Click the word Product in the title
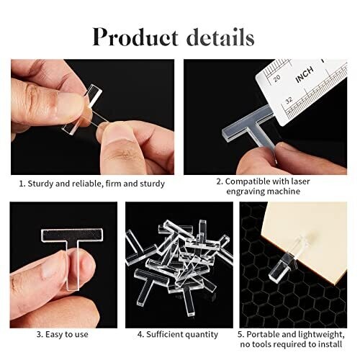pyautogui.click(x=135, y=37)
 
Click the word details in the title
pyautogui.click(x=220, y=37)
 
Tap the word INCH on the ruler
pyautogui.click(x=305, y=75)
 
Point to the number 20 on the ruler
pyautogui.click(x=277, y=78)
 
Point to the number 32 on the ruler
pyautogui.click(x=289, y=100)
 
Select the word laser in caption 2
pyautogui.click(x=300, y=181)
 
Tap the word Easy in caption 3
pyautogui.click(x=54, y=334)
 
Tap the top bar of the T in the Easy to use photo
pyautogui.click(x=72, y=235)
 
